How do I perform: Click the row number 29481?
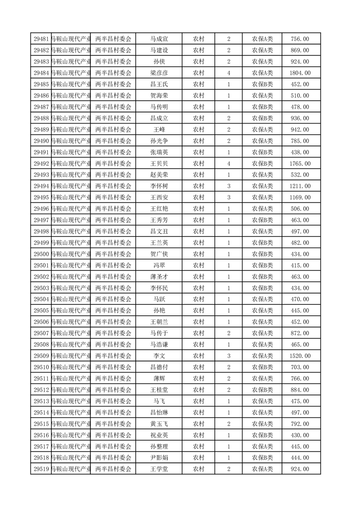click(41, 39)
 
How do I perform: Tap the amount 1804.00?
click(300, 73)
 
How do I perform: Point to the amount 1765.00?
click(300, 163)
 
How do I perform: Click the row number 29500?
click(41, 254)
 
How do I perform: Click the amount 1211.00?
click(300, 186)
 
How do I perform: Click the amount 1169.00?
click(300, 197)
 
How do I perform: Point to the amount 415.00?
click(300, 265)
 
